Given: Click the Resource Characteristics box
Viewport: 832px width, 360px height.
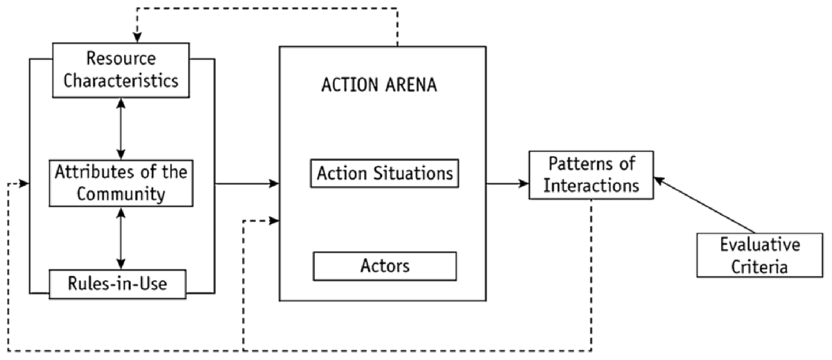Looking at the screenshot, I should pos(121,70).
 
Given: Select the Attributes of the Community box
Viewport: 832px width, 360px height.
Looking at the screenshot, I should pos(121,183).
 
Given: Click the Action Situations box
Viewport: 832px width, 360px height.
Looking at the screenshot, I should pos(384,173).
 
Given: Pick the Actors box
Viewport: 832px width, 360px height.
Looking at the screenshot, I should pos(384,265).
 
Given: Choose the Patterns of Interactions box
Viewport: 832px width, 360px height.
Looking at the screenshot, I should pos(591,175).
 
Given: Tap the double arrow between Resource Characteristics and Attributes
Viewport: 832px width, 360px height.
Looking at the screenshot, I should pos(122,128).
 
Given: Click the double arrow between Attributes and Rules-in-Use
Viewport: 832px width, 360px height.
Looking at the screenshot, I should pos(122,238).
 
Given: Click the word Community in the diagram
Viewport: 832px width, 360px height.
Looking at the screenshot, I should pos(122,194).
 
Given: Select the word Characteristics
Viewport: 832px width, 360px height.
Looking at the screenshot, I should pos(122,80).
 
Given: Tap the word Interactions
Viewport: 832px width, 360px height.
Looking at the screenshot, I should pos(591,186).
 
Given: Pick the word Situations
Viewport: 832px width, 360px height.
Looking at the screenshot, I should pos(414,173).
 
